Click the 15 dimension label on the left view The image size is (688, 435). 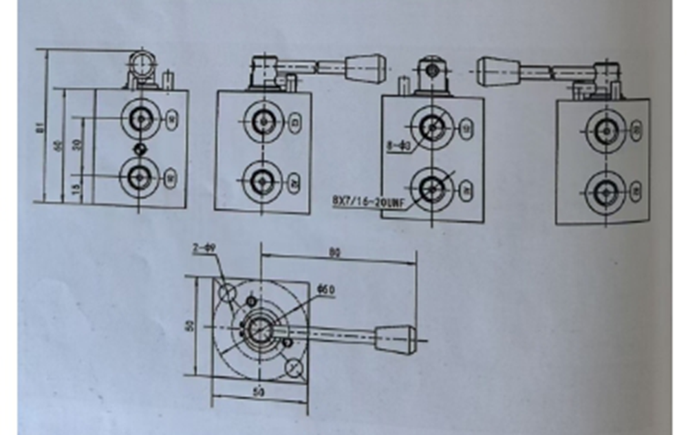(x=76, y=186)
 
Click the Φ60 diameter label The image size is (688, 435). (x=325, y=290)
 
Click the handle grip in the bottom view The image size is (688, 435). (x=396, y=339)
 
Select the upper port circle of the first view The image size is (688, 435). (x=141, y=118)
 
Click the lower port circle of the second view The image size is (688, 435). (x=262, y=181)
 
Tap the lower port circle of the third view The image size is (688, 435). (x=432, y=187)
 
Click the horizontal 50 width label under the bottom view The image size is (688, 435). (x=259, y=392)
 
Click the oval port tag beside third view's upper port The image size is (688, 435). (x=467, y=127)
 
